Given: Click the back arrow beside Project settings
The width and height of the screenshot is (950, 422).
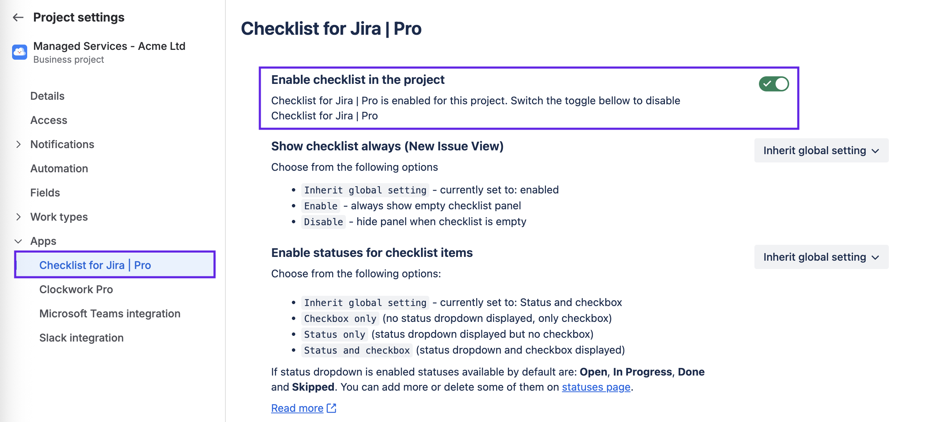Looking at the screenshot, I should click(18, 17).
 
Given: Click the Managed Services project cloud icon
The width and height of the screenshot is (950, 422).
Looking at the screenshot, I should click(20, 52).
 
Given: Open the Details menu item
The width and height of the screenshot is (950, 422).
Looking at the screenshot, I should click(47, 96).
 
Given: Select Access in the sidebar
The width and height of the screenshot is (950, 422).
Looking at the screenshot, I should click(49, 120).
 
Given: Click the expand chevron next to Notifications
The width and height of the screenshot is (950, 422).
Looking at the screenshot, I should click(19, 144).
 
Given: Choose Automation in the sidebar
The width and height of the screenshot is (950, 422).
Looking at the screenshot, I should click(59, 168).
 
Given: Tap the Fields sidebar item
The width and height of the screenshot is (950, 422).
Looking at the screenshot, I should click(45, 193).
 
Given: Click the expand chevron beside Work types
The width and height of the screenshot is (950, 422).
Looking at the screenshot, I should click(19, 217).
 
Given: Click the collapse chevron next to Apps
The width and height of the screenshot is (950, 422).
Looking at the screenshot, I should click(19, 241).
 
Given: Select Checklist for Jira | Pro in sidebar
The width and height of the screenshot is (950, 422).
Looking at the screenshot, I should click(95, 265).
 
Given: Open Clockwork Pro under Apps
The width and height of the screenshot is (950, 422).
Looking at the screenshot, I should click(76, 289).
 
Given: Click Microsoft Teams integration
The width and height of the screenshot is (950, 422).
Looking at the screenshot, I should click(109, 314).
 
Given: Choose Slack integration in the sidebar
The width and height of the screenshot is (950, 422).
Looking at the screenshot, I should click(81, 338).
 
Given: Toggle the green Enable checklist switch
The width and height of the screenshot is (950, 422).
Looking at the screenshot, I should click(774, 84).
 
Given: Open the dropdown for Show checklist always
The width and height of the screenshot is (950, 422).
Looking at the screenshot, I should click(821, 150).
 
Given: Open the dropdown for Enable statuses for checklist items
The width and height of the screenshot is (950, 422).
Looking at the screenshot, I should click(821, 257).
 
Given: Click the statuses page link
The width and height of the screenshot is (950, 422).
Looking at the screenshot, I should click(596, 387).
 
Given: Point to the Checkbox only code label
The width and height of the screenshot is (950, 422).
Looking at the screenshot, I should click(340, 318).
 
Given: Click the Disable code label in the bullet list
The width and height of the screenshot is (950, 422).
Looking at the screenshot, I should click(323, 222).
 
